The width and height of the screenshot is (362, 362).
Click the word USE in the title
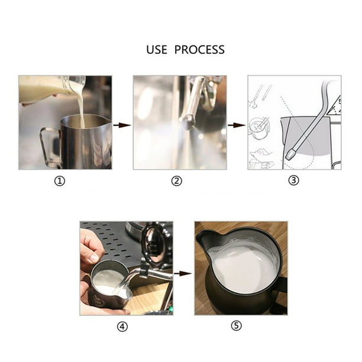pyautogui.click(x=157, y=50)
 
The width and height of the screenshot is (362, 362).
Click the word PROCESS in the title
pyautogui.click(x=199, y=50)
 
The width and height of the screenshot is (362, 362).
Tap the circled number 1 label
pyautogui.click(x=59, y=181)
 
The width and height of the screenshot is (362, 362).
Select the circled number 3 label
pyautogui.click(x=294, y=181)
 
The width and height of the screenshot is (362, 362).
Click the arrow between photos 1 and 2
pyautogui.click(x=122, y=125)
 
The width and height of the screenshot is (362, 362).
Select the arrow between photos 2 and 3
pyautogui.click(x=237, y=125)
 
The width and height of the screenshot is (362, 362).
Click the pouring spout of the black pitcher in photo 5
pyautogui.click(x=205, y=238)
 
